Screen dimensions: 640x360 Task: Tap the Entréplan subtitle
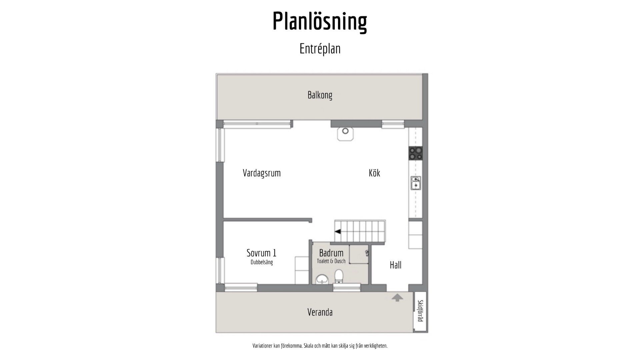pyautogui.click(x=320, y=49)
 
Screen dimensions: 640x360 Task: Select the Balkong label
pyautogui.click(x=320, y=95)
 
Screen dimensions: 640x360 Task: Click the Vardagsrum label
pyautogui.click(x=262, y=173)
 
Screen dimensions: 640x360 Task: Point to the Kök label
pyautogui.click(x=374, y=173)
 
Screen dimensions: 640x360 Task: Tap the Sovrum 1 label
pyautogui.click(x=262, y=253)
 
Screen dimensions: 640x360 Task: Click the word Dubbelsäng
pyautogui.click(x=262, y=262)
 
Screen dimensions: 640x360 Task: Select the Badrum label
pyautogui.click(x=331, y=253)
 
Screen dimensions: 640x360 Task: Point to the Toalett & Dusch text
pyautogui.click(x=331, y=261)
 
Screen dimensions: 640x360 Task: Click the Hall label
pyautogui.click(x=396, y=265)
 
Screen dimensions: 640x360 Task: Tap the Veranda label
pyautogui.click(x=320, y=312)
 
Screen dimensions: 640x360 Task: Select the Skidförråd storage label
pyautogui.click(x=420, y=311)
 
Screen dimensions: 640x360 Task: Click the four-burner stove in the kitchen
pyautogui.click(x=416, y=153)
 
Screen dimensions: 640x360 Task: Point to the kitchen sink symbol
pyautogui.click(x=416, y=183)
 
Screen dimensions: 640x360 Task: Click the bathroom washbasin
pyautogui.click(x=322, y=279)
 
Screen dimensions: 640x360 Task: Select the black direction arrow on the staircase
pyautogui.click(x=338, y=231)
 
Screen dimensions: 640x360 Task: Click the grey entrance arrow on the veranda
pyautogui.click(x=397, y=298)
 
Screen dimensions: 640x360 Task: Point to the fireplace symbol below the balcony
pyautogui.click(x=345, y=134)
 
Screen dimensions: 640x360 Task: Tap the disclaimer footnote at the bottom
pyautogui.click(x=320, y=346)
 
